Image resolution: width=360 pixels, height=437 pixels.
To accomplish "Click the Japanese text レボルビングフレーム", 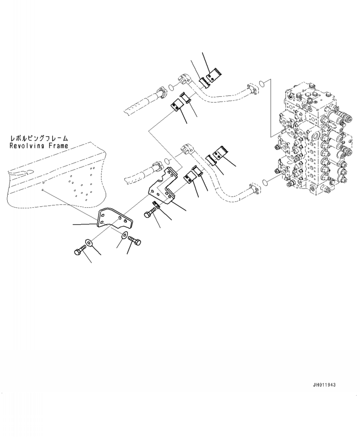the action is (39, 138).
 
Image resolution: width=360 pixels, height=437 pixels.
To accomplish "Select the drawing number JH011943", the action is (324, 385).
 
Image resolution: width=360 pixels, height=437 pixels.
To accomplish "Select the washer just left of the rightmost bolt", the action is (124, 235).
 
